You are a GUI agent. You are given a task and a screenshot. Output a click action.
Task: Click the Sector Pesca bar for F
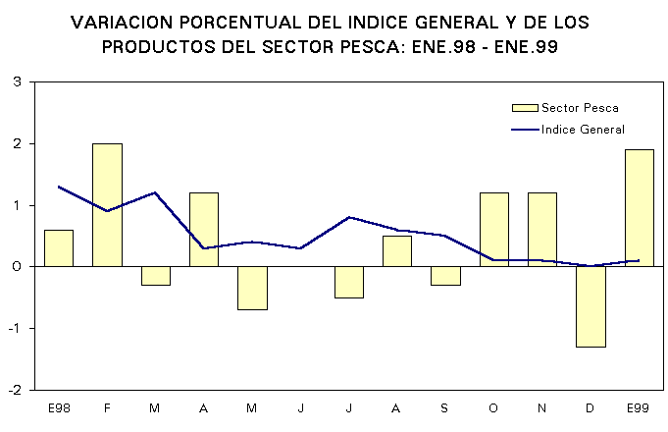tap(107, 204)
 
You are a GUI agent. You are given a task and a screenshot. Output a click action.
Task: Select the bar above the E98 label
tap(59, 247)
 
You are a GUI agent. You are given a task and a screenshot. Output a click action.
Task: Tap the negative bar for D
tap(591, 306)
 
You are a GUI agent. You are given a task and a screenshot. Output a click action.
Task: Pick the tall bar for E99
tap(639, 207)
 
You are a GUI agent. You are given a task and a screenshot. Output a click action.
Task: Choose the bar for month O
tap(493, 229)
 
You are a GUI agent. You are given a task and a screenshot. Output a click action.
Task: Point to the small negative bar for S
tap(445, 276)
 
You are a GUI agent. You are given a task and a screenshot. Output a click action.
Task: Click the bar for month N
tap(542, 229)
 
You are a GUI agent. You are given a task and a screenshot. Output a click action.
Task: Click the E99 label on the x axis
tap(639, 405)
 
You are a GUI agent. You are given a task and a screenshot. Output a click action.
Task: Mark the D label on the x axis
tap(591, 405)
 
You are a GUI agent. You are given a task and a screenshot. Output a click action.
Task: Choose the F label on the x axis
tap(107, 405)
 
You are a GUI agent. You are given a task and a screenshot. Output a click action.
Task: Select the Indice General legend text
tap(583, 130)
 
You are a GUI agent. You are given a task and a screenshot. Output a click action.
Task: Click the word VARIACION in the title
tap(127, 22)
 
